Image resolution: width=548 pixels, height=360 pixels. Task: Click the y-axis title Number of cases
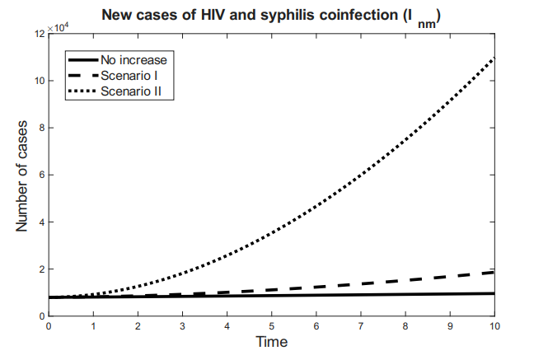point(24,175)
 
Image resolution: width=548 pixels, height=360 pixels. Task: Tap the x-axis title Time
point(271,341)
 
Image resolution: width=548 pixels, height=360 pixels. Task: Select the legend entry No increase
point(133,60)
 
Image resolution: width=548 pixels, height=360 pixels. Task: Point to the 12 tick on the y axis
point(39,34)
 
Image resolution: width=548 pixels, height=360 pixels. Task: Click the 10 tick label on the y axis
point(39,81)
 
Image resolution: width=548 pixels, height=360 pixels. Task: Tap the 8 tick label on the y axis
point(41,128)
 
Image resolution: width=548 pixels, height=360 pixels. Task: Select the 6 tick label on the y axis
point(41,175)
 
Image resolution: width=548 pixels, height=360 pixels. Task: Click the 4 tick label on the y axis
point(41,222)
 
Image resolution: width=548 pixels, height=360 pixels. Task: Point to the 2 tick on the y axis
point(41,269)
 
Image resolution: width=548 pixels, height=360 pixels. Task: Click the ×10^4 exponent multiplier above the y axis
point(60,27)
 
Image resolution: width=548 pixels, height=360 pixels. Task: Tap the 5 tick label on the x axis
point(271,326)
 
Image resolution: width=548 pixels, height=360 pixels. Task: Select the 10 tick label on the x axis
point(494,326)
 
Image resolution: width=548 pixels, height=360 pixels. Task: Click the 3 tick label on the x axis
point(182,326)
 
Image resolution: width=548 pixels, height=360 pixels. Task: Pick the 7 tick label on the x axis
point(360,326)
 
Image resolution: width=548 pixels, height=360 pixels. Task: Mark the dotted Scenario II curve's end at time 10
point(494,58)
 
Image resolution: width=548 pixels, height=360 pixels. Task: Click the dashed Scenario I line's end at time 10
point(494,272)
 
